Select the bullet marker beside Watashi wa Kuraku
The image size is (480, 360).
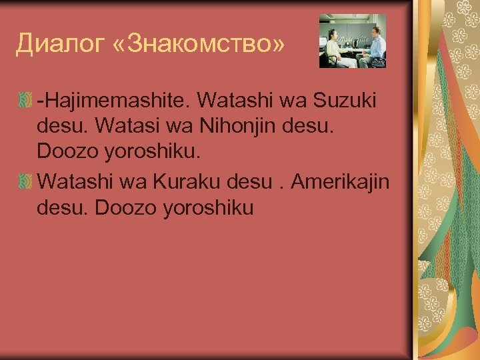[25, 182]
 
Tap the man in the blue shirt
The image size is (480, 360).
[374, 43]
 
